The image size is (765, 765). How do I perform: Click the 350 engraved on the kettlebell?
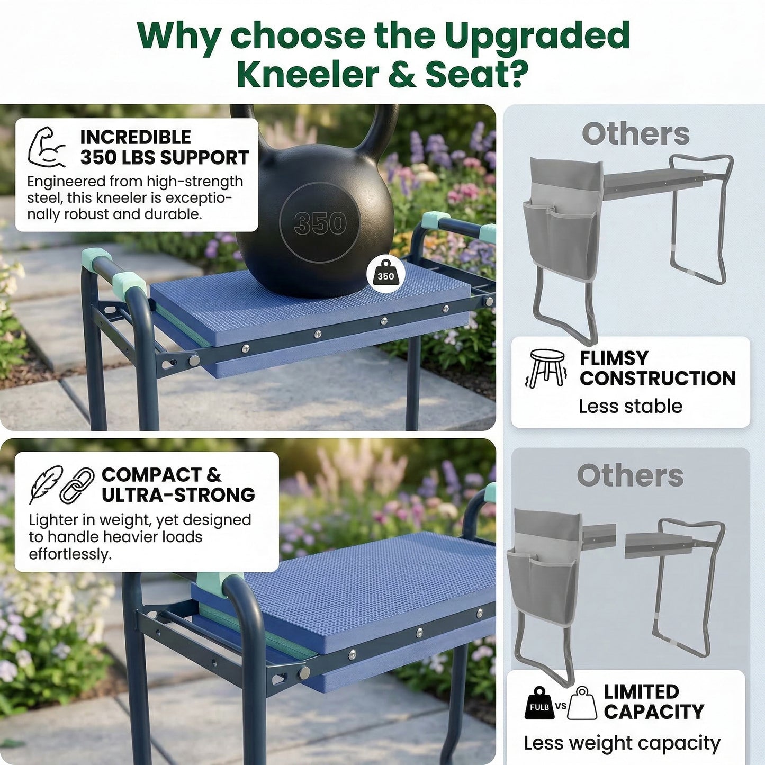click(320, 223)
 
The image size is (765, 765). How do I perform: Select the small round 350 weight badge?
click(385, 275)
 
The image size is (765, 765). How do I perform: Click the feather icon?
click(46, 484)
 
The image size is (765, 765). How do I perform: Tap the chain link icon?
click(77, 484)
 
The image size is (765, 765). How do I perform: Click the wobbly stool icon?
click(547, 368)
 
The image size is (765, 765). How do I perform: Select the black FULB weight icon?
click(539, 704)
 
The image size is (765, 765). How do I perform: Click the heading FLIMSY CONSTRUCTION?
click(657, 368)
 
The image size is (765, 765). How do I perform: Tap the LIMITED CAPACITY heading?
click(654, 701)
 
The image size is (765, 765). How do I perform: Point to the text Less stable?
click(630, 406)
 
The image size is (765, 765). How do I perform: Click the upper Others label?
click(635, 133)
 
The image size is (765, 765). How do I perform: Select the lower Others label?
click(630, 475)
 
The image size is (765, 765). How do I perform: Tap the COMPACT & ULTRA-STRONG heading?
click(178, 484)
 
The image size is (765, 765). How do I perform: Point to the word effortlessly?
click(70, 554)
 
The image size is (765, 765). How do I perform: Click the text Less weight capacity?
click(622, 743)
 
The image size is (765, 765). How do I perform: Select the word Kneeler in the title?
click(307, 75)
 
